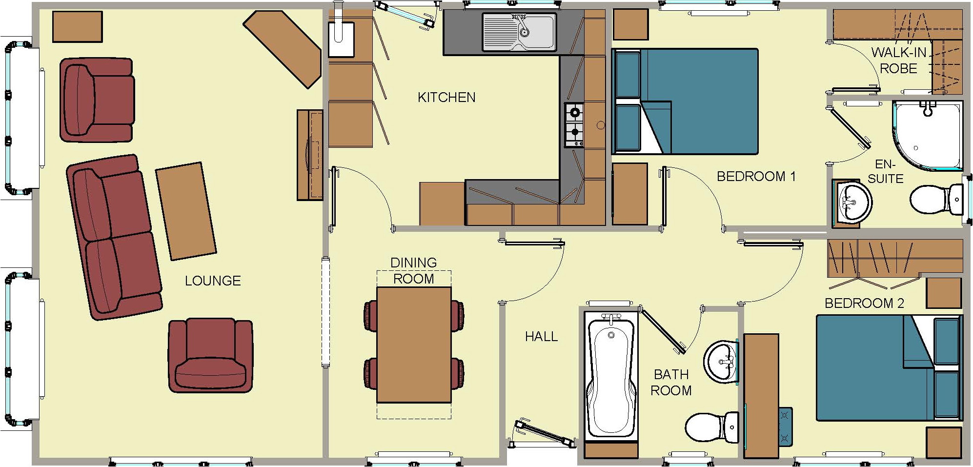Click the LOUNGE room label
click(x=213, y=281)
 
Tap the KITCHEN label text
click(x=446, y=98)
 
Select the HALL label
click(x=541, y=336)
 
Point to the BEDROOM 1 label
click(x=756, y=176)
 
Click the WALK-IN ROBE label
click(x=899, y=60)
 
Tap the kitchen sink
click(x=519, y=32)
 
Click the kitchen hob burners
click(x=574, y=124)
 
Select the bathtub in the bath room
click(x=611, y=378)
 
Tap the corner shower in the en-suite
click(x=927, y=135)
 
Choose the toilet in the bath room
click(x=712, y=427)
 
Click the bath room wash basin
click(x=721, y=361)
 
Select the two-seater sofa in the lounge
click(x=114, y=238)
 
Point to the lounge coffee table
click(x=186, y=211)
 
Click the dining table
click(x=414, y=345)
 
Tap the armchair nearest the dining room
click(x=210, y=355)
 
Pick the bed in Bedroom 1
click(x=685, y=102)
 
